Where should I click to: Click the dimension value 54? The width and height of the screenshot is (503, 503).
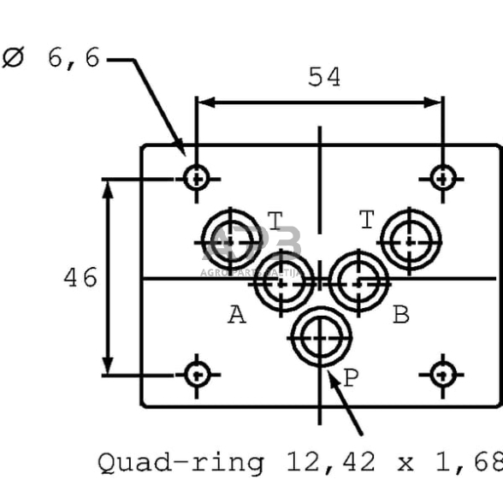tap(323, 77)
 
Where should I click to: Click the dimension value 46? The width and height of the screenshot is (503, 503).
tap(80, 277)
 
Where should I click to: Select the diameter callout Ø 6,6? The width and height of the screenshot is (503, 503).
tap(51, 58)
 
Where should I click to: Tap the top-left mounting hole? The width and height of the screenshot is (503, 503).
tap(198, 179)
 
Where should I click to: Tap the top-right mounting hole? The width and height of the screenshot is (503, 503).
tap(441, 179)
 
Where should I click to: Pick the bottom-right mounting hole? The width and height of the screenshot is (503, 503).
tap(441, 374)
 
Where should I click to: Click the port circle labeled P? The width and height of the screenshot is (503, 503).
tap(321, 338)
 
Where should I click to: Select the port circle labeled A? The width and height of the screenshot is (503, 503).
tap(283, 280)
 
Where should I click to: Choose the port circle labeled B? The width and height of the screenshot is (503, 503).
tap(359, 280)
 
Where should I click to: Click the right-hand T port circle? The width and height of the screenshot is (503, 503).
tap(411, 239)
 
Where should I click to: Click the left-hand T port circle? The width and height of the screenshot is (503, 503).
tap(232, 239)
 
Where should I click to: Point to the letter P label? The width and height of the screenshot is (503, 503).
tap(350, 377)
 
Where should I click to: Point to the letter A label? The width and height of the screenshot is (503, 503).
tap(237, 316)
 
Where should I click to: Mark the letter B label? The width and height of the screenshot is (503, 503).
tap(400, 316)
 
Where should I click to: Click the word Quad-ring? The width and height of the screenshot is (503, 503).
tap(180, 463)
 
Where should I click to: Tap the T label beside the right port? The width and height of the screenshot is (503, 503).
tap(367, 221)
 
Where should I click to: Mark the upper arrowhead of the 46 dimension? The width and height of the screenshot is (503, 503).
tap(109, 187)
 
